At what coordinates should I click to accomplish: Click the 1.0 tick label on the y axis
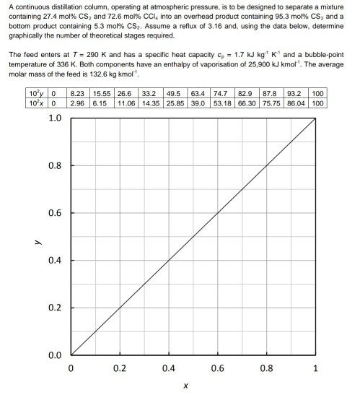[x=55, y=118]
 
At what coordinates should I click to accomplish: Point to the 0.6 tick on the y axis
[x=55, y=213]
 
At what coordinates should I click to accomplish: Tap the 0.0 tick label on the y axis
[x=55, y=355]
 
